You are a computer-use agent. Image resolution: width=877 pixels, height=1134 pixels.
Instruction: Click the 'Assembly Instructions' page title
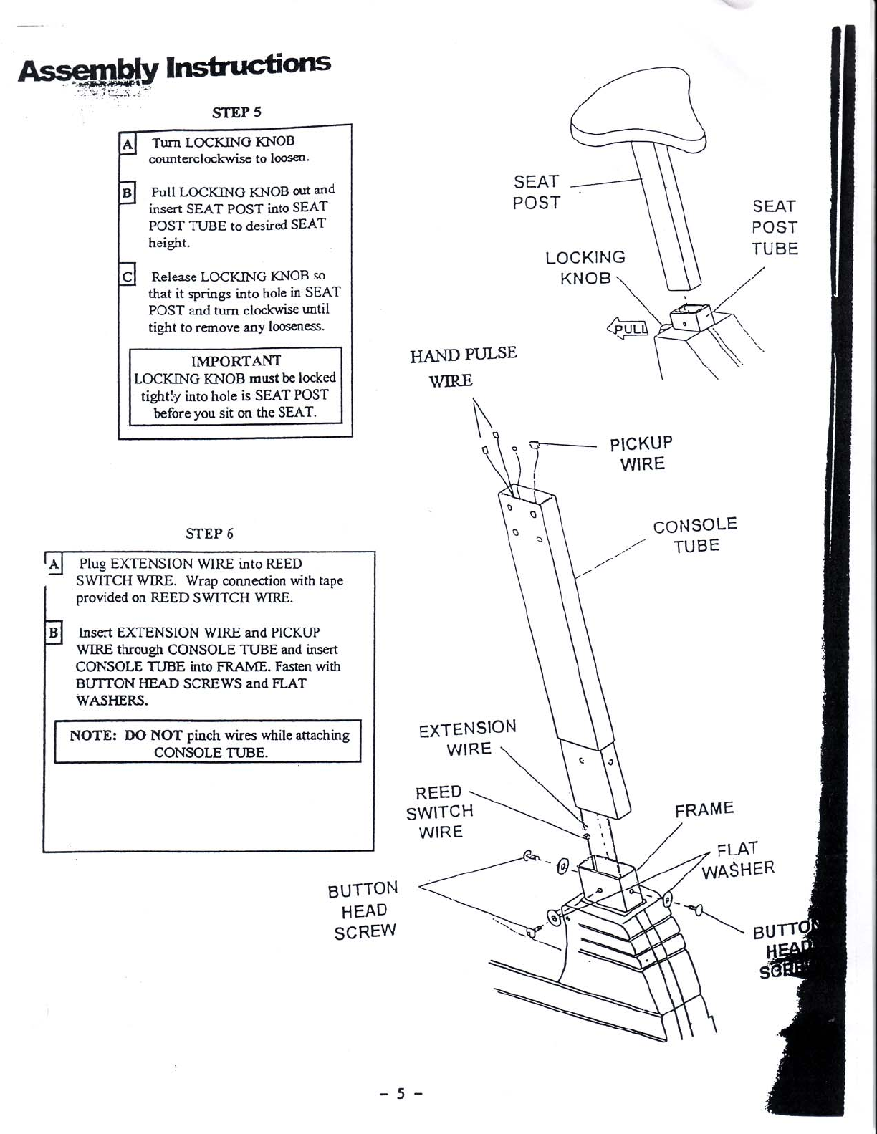click(174, 68)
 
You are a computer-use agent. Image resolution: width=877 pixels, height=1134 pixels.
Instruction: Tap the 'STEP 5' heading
click(237, 112)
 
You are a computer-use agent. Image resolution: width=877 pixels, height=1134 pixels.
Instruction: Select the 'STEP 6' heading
click(209, 534)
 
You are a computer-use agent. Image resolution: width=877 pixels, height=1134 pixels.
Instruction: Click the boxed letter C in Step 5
click(127, 275)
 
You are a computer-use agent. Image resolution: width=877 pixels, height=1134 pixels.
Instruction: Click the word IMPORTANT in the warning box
click(236, 360)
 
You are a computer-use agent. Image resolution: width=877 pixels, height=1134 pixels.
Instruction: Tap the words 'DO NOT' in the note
click(153, 735)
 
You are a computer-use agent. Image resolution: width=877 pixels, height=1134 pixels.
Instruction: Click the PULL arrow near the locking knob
click(628, 329)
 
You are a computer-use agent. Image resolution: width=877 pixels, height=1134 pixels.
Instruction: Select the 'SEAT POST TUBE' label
click(775, 228)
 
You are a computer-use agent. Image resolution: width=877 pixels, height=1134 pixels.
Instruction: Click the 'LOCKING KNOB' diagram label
click(585, 267)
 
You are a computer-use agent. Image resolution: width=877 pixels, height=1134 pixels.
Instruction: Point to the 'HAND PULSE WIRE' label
click(463, 366)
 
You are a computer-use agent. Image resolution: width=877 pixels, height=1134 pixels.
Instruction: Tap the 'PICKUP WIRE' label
click(641, 453)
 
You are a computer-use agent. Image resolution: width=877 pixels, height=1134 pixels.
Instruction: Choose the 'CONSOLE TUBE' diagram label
click(695, 535)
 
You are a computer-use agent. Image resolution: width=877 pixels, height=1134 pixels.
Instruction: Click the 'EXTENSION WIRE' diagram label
click(468, 739)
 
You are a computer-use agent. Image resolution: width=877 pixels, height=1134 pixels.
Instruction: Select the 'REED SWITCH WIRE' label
click(440, 812)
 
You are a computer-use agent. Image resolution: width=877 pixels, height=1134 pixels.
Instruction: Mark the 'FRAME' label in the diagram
click(704, 809)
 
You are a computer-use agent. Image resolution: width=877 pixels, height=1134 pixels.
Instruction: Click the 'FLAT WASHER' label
click(738, 860)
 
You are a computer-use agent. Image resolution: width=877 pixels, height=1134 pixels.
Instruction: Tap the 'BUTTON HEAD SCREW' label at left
click(363, 910)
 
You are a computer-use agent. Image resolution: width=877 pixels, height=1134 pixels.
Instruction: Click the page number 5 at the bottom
click(401, 1094)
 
